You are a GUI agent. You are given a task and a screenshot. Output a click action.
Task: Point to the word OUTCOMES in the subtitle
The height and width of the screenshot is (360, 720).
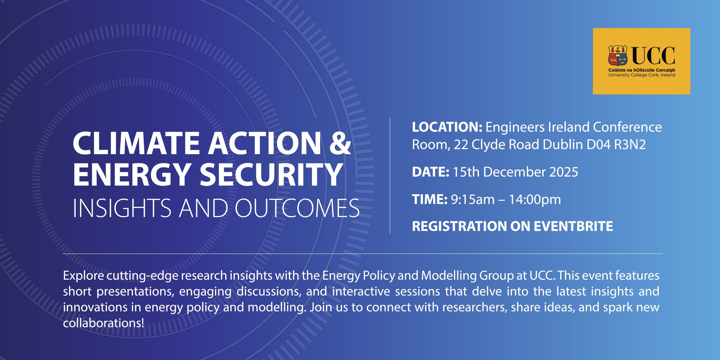[x=297, y=208]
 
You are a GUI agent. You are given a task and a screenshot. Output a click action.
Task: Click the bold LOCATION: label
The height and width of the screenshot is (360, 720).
[x=447, y=127]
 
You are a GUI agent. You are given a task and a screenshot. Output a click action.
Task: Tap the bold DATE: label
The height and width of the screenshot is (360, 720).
[x=431, y=172]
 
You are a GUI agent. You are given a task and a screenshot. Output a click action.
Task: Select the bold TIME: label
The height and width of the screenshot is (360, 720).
[x=430, y=199]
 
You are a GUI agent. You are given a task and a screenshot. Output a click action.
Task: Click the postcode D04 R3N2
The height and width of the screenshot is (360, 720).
[x=616, y=145]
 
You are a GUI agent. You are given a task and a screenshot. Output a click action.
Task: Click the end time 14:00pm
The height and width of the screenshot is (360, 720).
[x=535, y=200]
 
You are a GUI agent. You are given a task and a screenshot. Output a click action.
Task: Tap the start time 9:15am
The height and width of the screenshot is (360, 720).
[x=473, y=200]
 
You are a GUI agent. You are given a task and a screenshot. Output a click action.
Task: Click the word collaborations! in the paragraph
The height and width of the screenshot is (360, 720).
[x=103, y=323]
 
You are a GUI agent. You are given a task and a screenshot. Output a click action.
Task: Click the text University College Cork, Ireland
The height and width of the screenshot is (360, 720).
[x=642, y=75]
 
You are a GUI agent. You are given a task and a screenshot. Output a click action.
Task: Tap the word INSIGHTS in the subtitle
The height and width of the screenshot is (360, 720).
[x=122, y=208]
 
